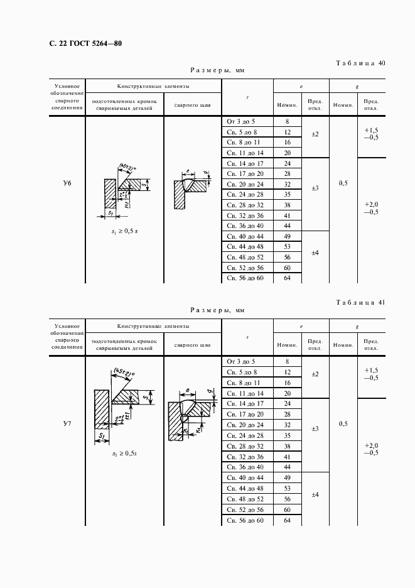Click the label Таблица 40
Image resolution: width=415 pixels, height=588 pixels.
click(361, 63)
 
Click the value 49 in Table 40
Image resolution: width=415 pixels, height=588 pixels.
click(288, 236)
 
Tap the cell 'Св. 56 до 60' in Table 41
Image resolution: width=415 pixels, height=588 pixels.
click(245, 521)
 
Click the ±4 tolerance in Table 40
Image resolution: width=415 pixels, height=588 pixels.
click(315, 253)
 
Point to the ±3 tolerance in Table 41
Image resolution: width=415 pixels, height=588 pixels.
click(315, 428)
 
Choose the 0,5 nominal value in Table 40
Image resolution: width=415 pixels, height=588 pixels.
click(343, 183)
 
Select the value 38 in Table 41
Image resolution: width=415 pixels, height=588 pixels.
click(288, 445)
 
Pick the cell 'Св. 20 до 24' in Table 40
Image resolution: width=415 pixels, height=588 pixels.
click(245, 184)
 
